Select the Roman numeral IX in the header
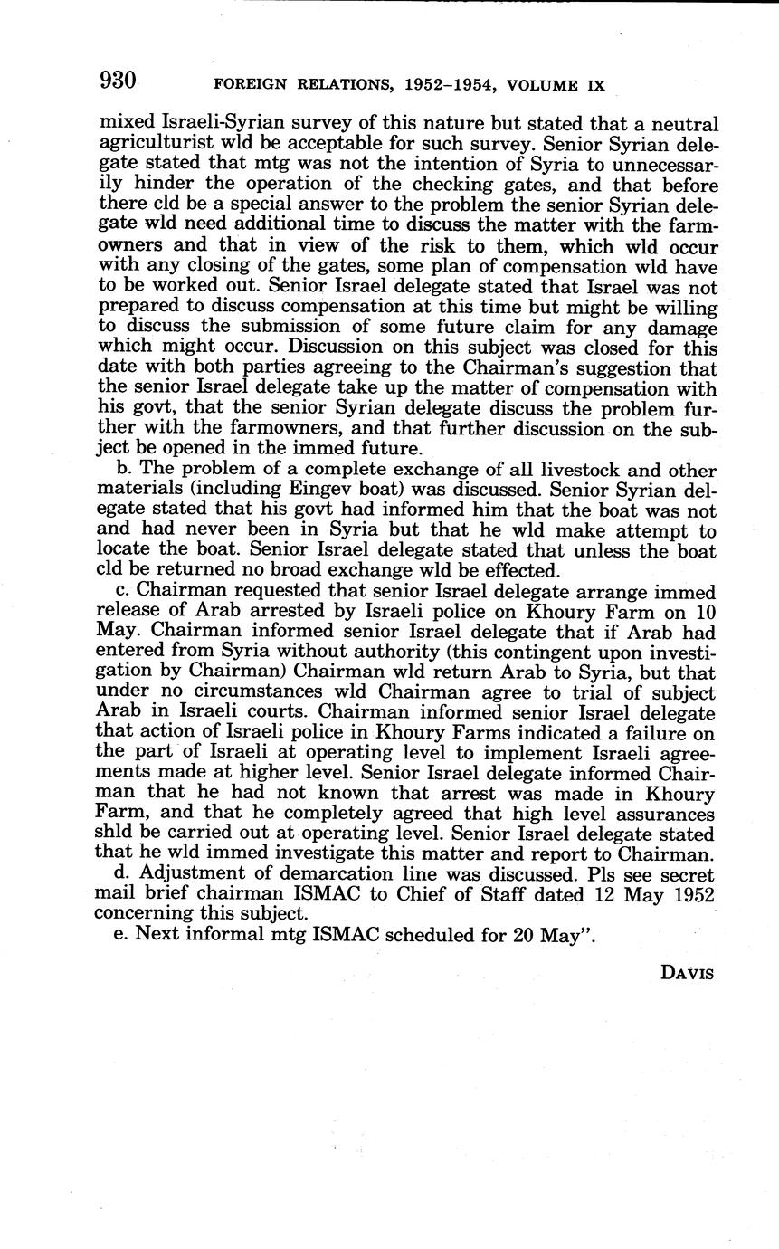(x=594, y=86)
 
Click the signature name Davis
(x=688, y=973)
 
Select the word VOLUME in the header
(x=533, y=86)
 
